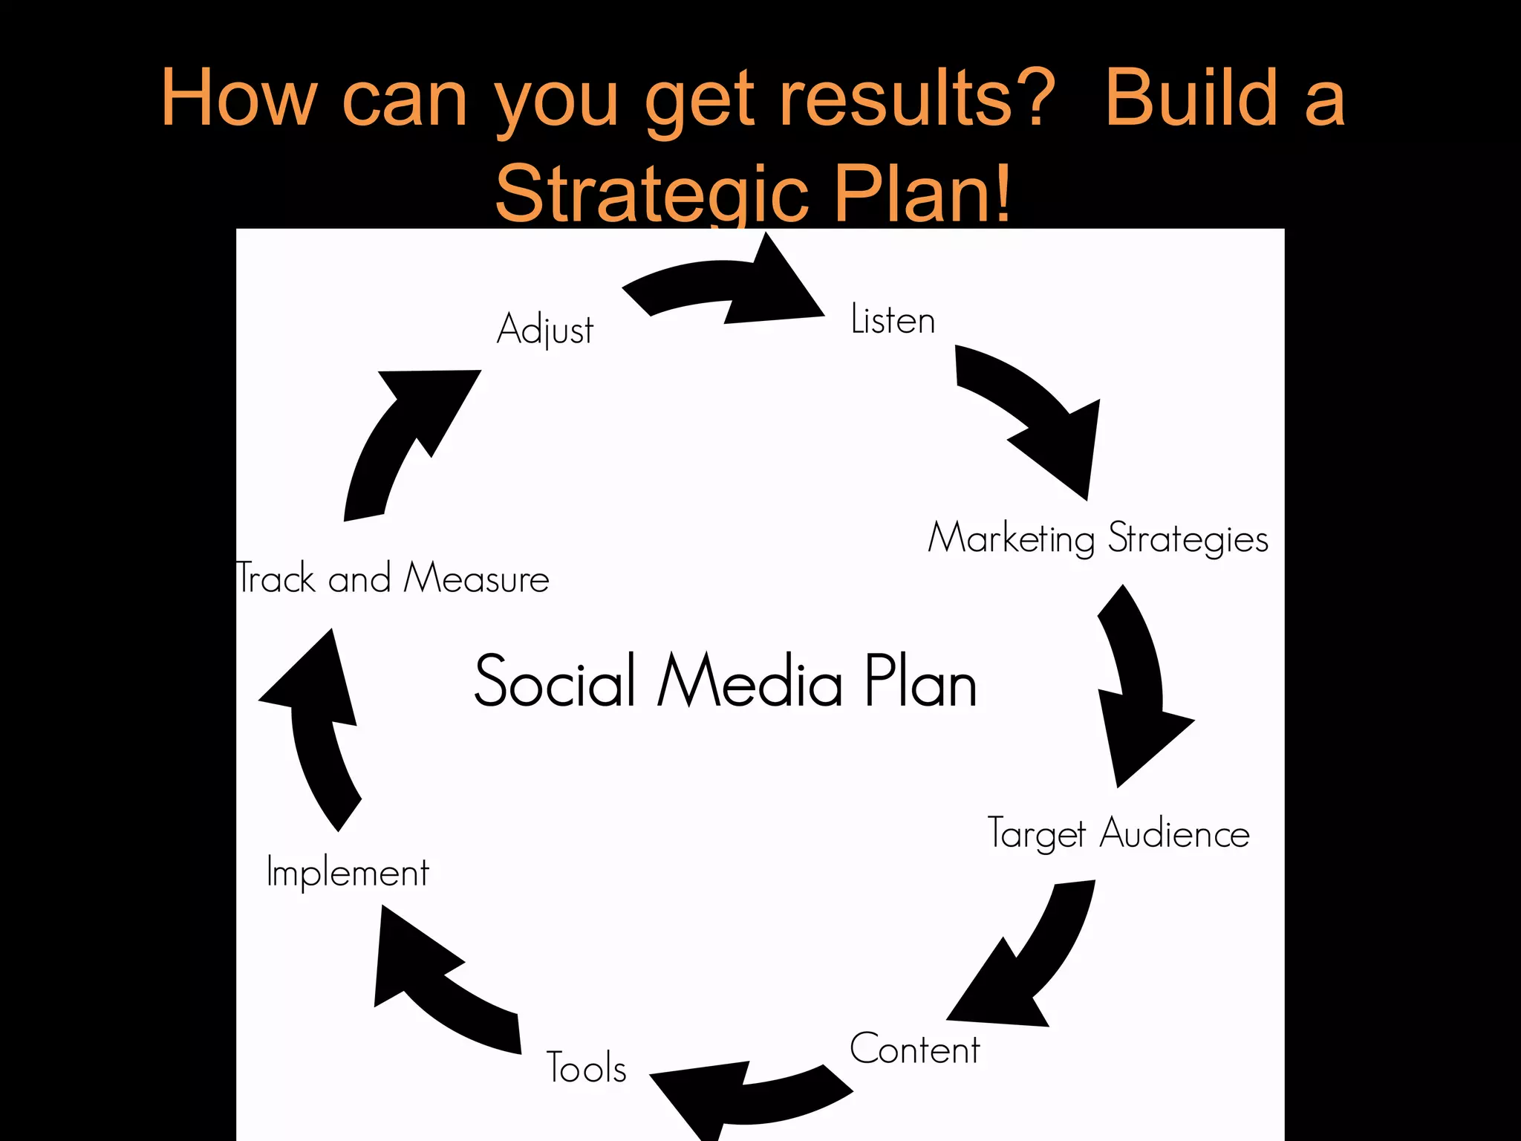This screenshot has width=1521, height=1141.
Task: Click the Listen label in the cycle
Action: (x=893, y=320)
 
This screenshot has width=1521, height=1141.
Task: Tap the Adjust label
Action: (x=545, y=329)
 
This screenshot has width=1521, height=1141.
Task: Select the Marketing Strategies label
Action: (x=1098, y=538)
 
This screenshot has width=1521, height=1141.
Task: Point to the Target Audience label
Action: (x=1118, y=833)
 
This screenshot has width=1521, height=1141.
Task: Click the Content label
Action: (x=914, y=1049)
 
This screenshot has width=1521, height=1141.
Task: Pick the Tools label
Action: (x=586, y=1067)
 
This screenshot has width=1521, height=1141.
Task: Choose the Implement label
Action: (x=348, y=872)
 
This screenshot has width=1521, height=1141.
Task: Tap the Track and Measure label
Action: (x=392, y=578)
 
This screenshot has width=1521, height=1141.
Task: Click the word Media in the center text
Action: (x=750, y=681)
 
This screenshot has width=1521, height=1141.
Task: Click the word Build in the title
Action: (x=1191, y=98)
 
